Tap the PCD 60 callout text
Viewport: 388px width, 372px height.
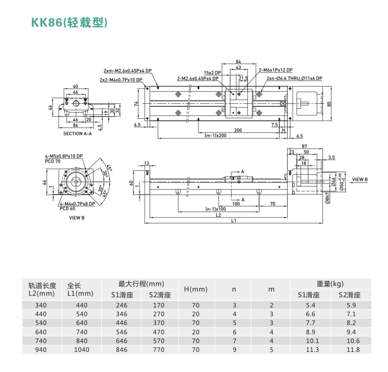(67, 208)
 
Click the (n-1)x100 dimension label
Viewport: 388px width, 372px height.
(215, 208)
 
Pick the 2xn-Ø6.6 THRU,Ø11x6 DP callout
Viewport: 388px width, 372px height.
(291, 78)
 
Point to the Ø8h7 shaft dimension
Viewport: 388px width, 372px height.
(327, 198)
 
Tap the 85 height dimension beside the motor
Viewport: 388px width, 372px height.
(329, 104)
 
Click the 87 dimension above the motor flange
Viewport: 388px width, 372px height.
(305, 146)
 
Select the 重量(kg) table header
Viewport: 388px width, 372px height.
(330, 284)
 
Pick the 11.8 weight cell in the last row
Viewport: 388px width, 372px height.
(353, 349)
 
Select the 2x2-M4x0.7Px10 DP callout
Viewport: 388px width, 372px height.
(121, 80)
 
